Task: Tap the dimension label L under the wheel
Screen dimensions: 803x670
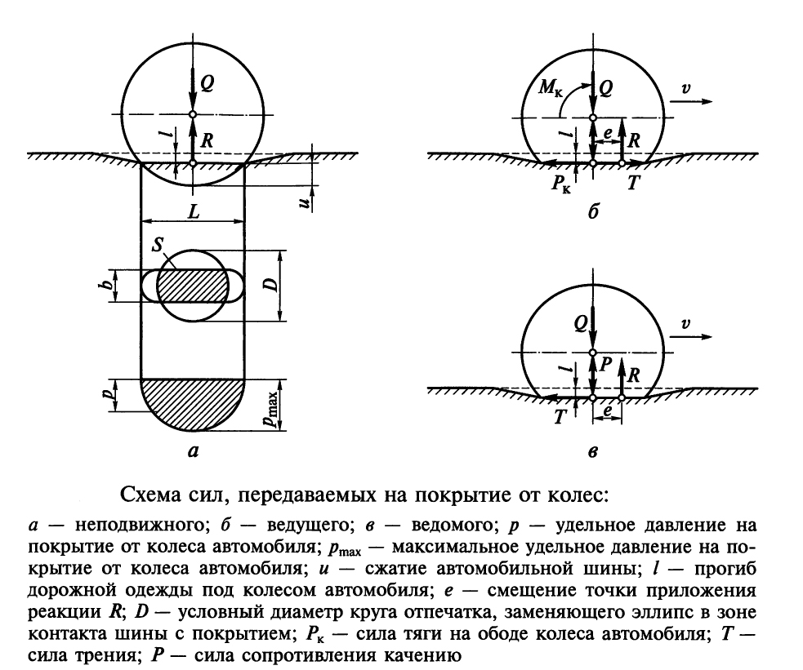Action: [194, 211]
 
